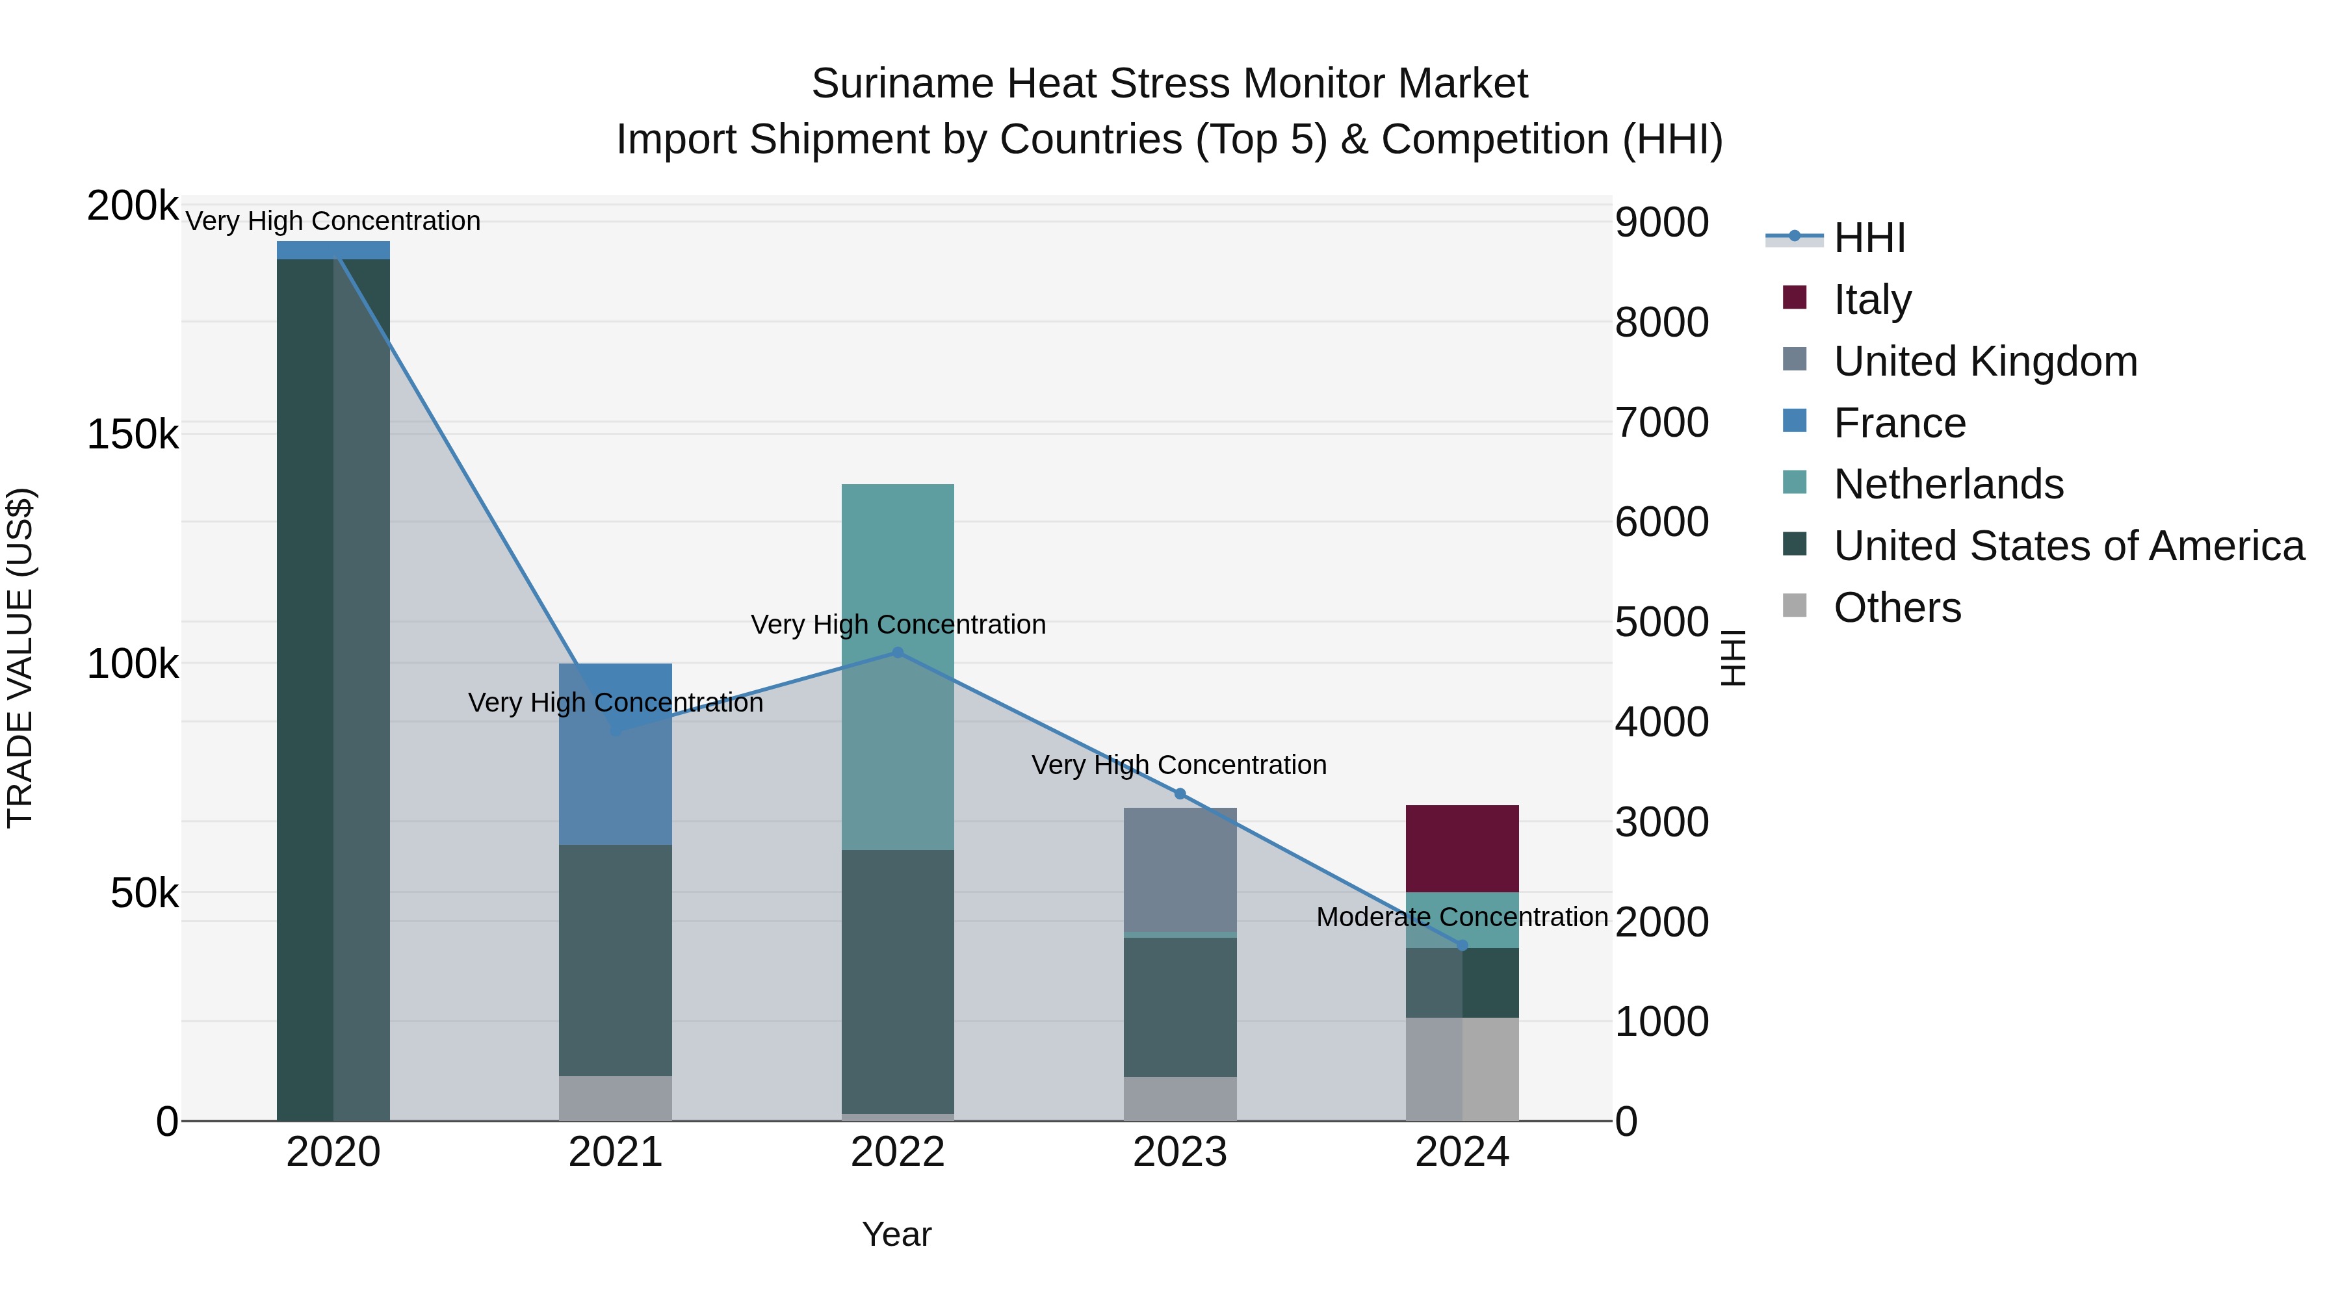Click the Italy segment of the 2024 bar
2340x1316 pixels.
1462,848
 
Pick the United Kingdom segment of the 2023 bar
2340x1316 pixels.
1180,869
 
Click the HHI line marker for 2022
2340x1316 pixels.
898,652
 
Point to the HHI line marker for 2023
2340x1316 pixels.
1180,793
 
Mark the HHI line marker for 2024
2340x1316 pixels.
1462,946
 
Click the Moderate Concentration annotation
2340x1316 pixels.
1462,917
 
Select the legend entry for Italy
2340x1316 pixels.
1872,299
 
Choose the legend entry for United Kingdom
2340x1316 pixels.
1985,361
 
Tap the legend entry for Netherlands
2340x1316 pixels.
1947,484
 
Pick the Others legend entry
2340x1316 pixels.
1897,608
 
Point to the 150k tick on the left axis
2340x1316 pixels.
133,434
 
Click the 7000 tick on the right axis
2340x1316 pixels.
1661,422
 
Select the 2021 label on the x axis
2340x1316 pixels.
615,1152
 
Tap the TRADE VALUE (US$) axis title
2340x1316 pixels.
20,658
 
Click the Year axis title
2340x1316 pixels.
896,1234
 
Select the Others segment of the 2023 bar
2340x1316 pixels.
1180,1098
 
